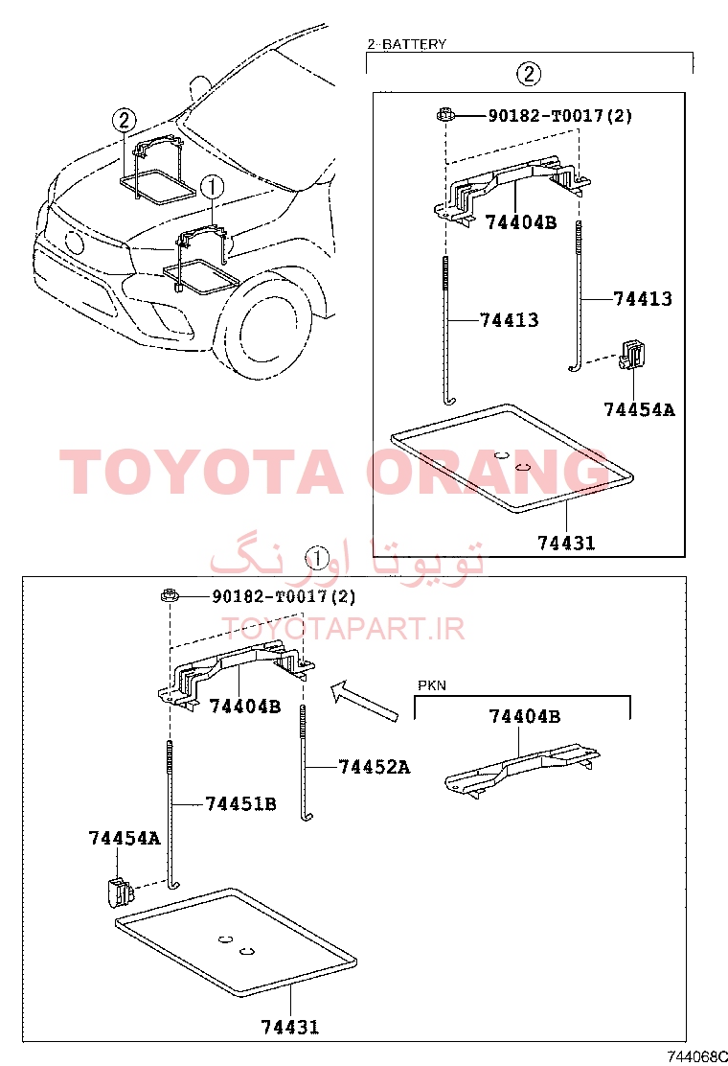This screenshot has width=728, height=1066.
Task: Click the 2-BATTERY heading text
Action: (407, 44)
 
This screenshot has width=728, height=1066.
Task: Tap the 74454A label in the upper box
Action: (639, 409)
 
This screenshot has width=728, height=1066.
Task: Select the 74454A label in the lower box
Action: (125, 838)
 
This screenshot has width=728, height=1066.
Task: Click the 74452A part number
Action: (375, 767)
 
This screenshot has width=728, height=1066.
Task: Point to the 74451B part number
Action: (240, 804)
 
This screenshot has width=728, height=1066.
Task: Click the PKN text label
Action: (432, 685)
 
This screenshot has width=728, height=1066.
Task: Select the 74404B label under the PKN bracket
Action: (524, 716)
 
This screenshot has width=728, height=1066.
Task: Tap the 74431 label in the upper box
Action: (566, 543)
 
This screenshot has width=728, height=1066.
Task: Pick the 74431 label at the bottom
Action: (290, 1027)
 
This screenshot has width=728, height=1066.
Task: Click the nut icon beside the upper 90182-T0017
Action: (444, 115)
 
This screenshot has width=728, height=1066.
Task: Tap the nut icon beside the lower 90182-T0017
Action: (169, 596)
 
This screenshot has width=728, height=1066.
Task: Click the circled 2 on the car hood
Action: (124, 121)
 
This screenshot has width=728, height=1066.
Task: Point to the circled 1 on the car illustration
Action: (212, 186)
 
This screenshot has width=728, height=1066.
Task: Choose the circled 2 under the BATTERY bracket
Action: (529, 74)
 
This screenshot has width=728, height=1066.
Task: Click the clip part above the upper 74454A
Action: (631, 355)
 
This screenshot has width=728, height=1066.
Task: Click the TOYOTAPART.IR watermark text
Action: (343, 629)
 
